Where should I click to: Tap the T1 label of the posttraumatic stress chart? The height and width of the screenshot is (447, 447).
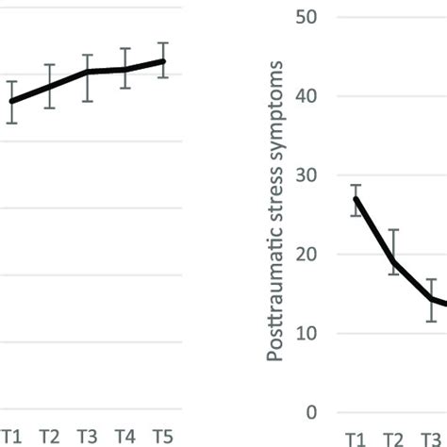coord(355,439)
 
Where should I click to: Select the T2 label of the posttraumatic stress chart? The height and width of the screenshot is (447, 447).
coord(392,439)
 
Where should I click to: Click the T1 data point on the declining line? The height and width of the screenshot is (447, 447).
coord(356,199)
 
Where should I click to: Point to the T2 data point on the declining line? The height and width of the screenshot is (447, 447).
coord(393,262)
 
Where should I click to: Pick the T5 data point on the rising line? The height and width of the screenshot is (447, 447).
coord(162,61)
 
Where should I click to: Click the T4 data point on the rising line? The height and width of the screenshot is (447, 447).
coord(124,69)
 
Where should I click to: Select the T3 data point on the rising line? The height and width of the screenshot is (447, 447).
coord(87,72)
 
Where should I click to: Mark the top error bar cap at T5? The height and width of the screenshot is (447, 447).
coord(162,43)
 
